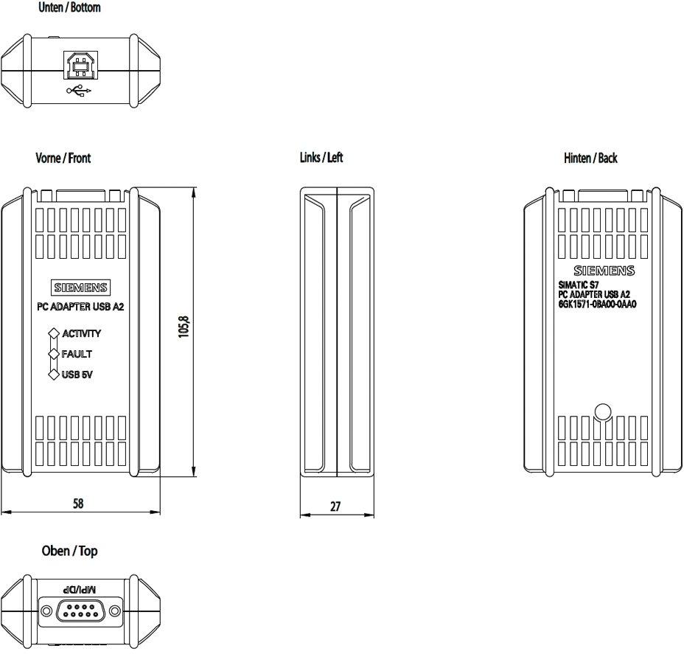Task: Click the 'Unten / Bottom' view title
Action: coord(69,8)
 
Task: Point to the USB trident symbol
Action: coord(80,91)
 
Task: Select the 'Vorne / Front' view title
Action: coord(63,159)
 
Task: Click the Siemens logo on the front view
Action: coord(80,288)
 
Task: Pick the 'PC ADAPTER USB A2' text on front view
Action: coord(80,307)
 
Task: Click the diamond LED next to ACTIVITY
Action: coord(53,333)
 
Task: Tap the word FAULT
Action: coord(77,354)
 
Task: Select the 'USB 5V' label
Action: coord(77,375)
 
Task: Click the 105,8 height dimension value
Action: coord(184,327)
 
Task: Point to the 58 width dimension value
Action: coord(78,504)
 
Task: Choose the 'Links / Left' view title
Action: coord(321,158)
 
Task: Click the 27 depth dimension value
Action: coord(335,508)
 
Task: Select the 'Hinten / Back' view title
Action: coord(590,159)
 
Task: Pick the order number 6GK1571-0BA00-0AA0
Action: coord(597,303)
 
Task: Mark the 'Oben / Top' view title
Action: coord(69,552)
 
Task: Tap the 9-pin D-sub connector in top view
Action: coord(79,610)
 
